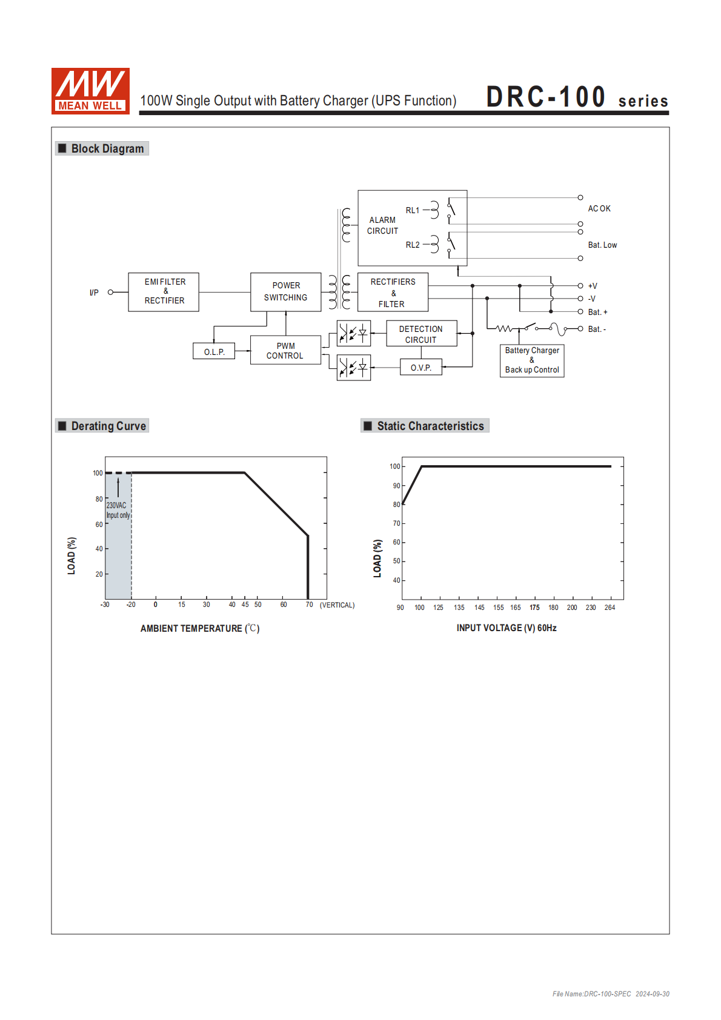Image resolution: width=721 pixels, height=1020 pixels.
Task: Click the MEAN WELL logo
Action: pos(90,91)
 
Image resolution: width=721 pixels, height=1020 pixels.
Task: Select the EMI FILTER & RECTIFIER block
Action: pos(164,292)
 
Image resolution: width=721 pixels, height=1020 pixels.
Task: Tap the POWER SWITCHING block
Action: pos(285,292)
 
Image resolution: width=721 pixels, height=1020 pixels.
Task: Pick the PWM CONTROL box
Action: pos(285,351)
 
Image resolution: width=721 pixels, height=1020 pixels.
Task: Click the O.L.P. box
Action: pos(214,351)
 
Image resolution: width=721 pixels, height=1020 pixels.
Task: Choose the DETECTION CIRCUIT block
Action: pos(421,334)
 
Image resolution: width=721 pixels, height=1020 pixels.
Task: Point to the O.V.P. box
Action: pos(421,368)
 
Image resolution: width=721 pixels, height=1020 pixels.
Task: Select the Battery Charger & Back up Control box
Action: pos(532,360)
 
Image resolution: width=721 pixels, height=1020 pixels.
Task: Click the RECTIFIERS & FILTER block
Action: pos(393,293)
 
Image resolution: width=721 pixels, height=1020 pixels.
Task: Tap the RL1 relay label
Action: pos(413,210)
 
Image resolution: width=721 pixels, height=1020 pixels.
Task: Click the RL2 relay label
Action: pos(413,245)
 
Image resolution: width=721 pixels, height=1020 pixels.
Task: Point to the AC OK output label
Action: pos(599,208)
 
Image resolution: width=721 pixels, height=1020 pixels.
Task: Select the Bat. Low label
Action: pos(602,245)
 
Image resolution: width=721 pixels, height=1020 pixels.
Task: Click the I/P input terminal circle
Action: pos(110,293)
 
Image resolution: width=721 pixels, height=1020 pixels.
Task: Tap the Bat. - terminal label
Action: pos(597,330)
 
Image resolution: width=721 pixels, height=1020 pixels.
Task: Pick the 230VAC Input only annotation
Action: pos(118,510)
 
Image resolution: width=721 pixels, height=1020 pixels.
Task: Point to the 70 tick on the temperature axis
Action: pos(309,605)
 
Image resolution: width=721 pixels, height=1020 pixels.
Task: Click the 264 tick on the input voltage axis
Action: pos(610,608)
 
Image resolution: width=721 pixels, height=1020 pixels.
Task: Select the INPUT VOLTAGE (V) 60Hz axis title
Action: pos(507,628)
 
